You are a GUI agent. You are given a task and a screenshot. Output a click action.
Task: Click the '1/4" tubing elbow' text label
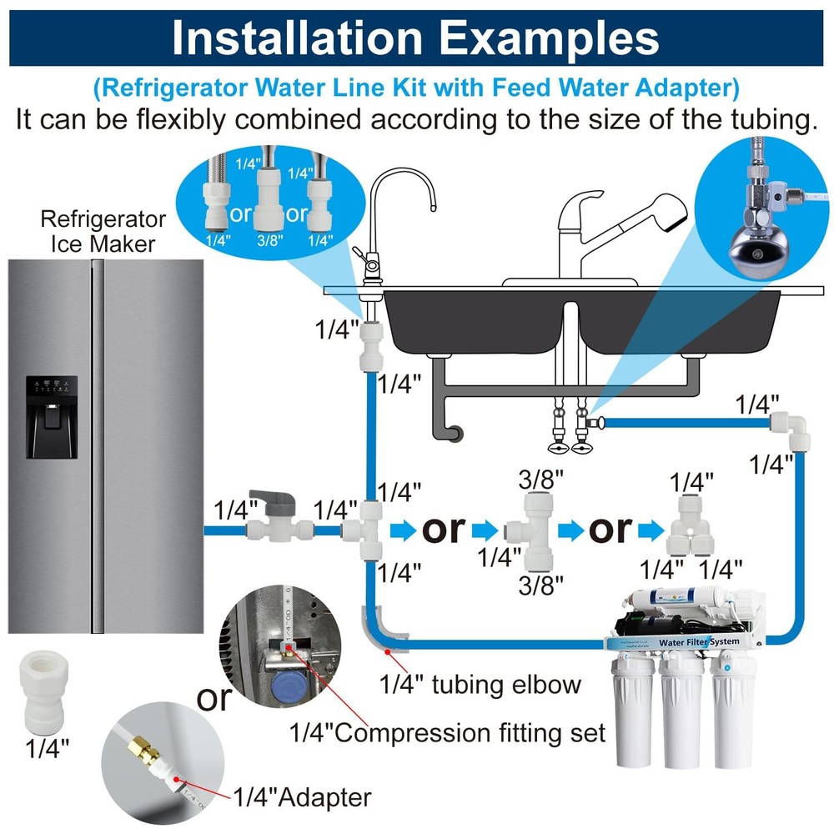click(480, 685)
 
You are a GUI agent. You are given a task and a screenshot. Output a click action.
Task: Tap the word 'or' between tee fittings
click(443, 529)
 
